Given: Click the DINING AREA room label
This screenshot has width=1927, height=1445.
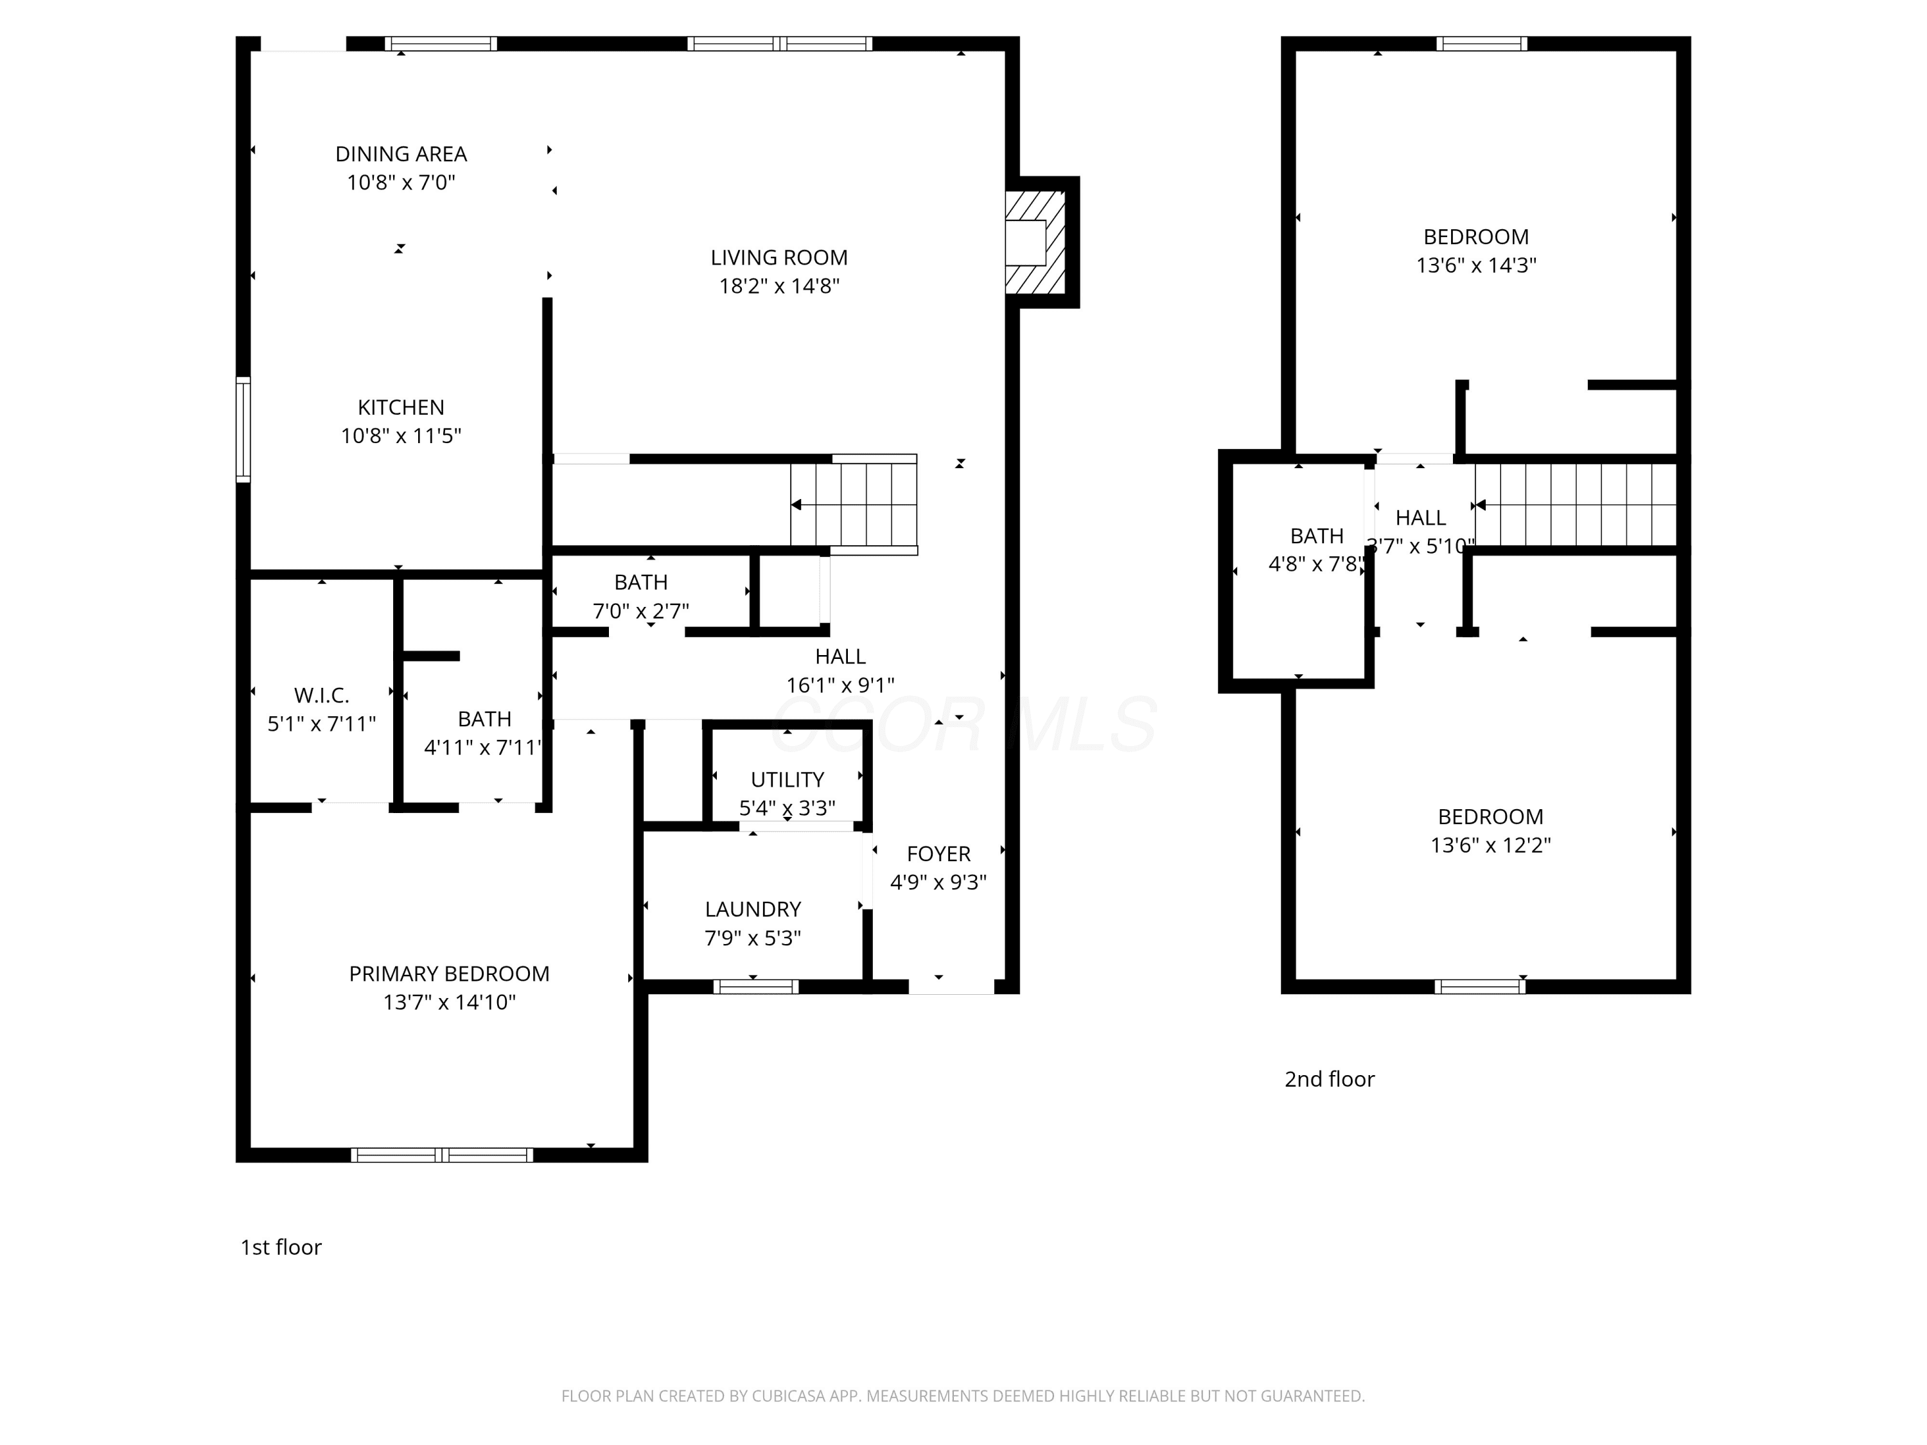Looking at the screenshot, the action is click(x=401, y=154).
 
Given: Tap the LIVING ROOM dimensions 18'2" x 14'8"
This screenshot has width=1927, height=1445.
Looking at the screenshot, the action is click(x=779, y=286).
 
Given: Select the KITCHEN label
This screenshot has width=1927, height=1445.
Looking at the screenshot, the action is click(x=401, y=408).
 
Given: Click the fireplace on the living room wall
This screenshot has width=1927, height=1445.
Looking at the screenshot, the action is click(x=1042, y=242).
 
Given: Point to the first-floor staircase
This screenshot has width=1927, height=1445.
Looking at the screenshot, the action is click(x=854, y=504).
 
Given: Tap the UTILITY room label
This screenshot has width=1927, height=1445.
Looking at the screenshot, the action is click(x=788, y=780).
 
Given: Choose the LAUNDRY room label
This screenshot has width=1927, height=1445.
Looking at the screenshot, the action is click(x=753, y=909).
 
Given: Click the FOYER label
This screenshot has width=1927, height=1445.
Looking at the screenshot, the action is click(x=938, y=854).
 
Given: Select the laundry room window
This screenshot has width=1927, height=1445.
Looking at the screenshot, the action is click(x=755, y=987).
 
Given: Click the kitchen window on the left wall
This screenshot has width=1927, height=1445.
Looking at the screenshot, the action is click(x=244, y=430).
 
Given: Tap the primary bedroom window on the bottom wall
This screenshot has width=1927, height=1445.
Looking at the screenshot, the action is click(x=442, y=1155).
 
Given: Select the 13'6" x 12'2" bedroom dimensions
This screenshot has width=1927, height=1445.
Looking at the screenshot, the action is click(x=1491, y=846).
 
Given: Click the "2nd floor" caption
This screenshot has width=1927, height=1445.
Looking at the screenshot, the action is click(x=1330, y=1079).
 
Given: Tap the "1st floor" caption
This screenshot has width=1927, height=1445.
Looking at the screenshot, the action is click(x=281, y=1247).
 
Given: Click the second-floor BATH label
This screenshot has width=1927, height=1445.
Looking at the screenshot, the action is click(x=1316, y=536).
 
